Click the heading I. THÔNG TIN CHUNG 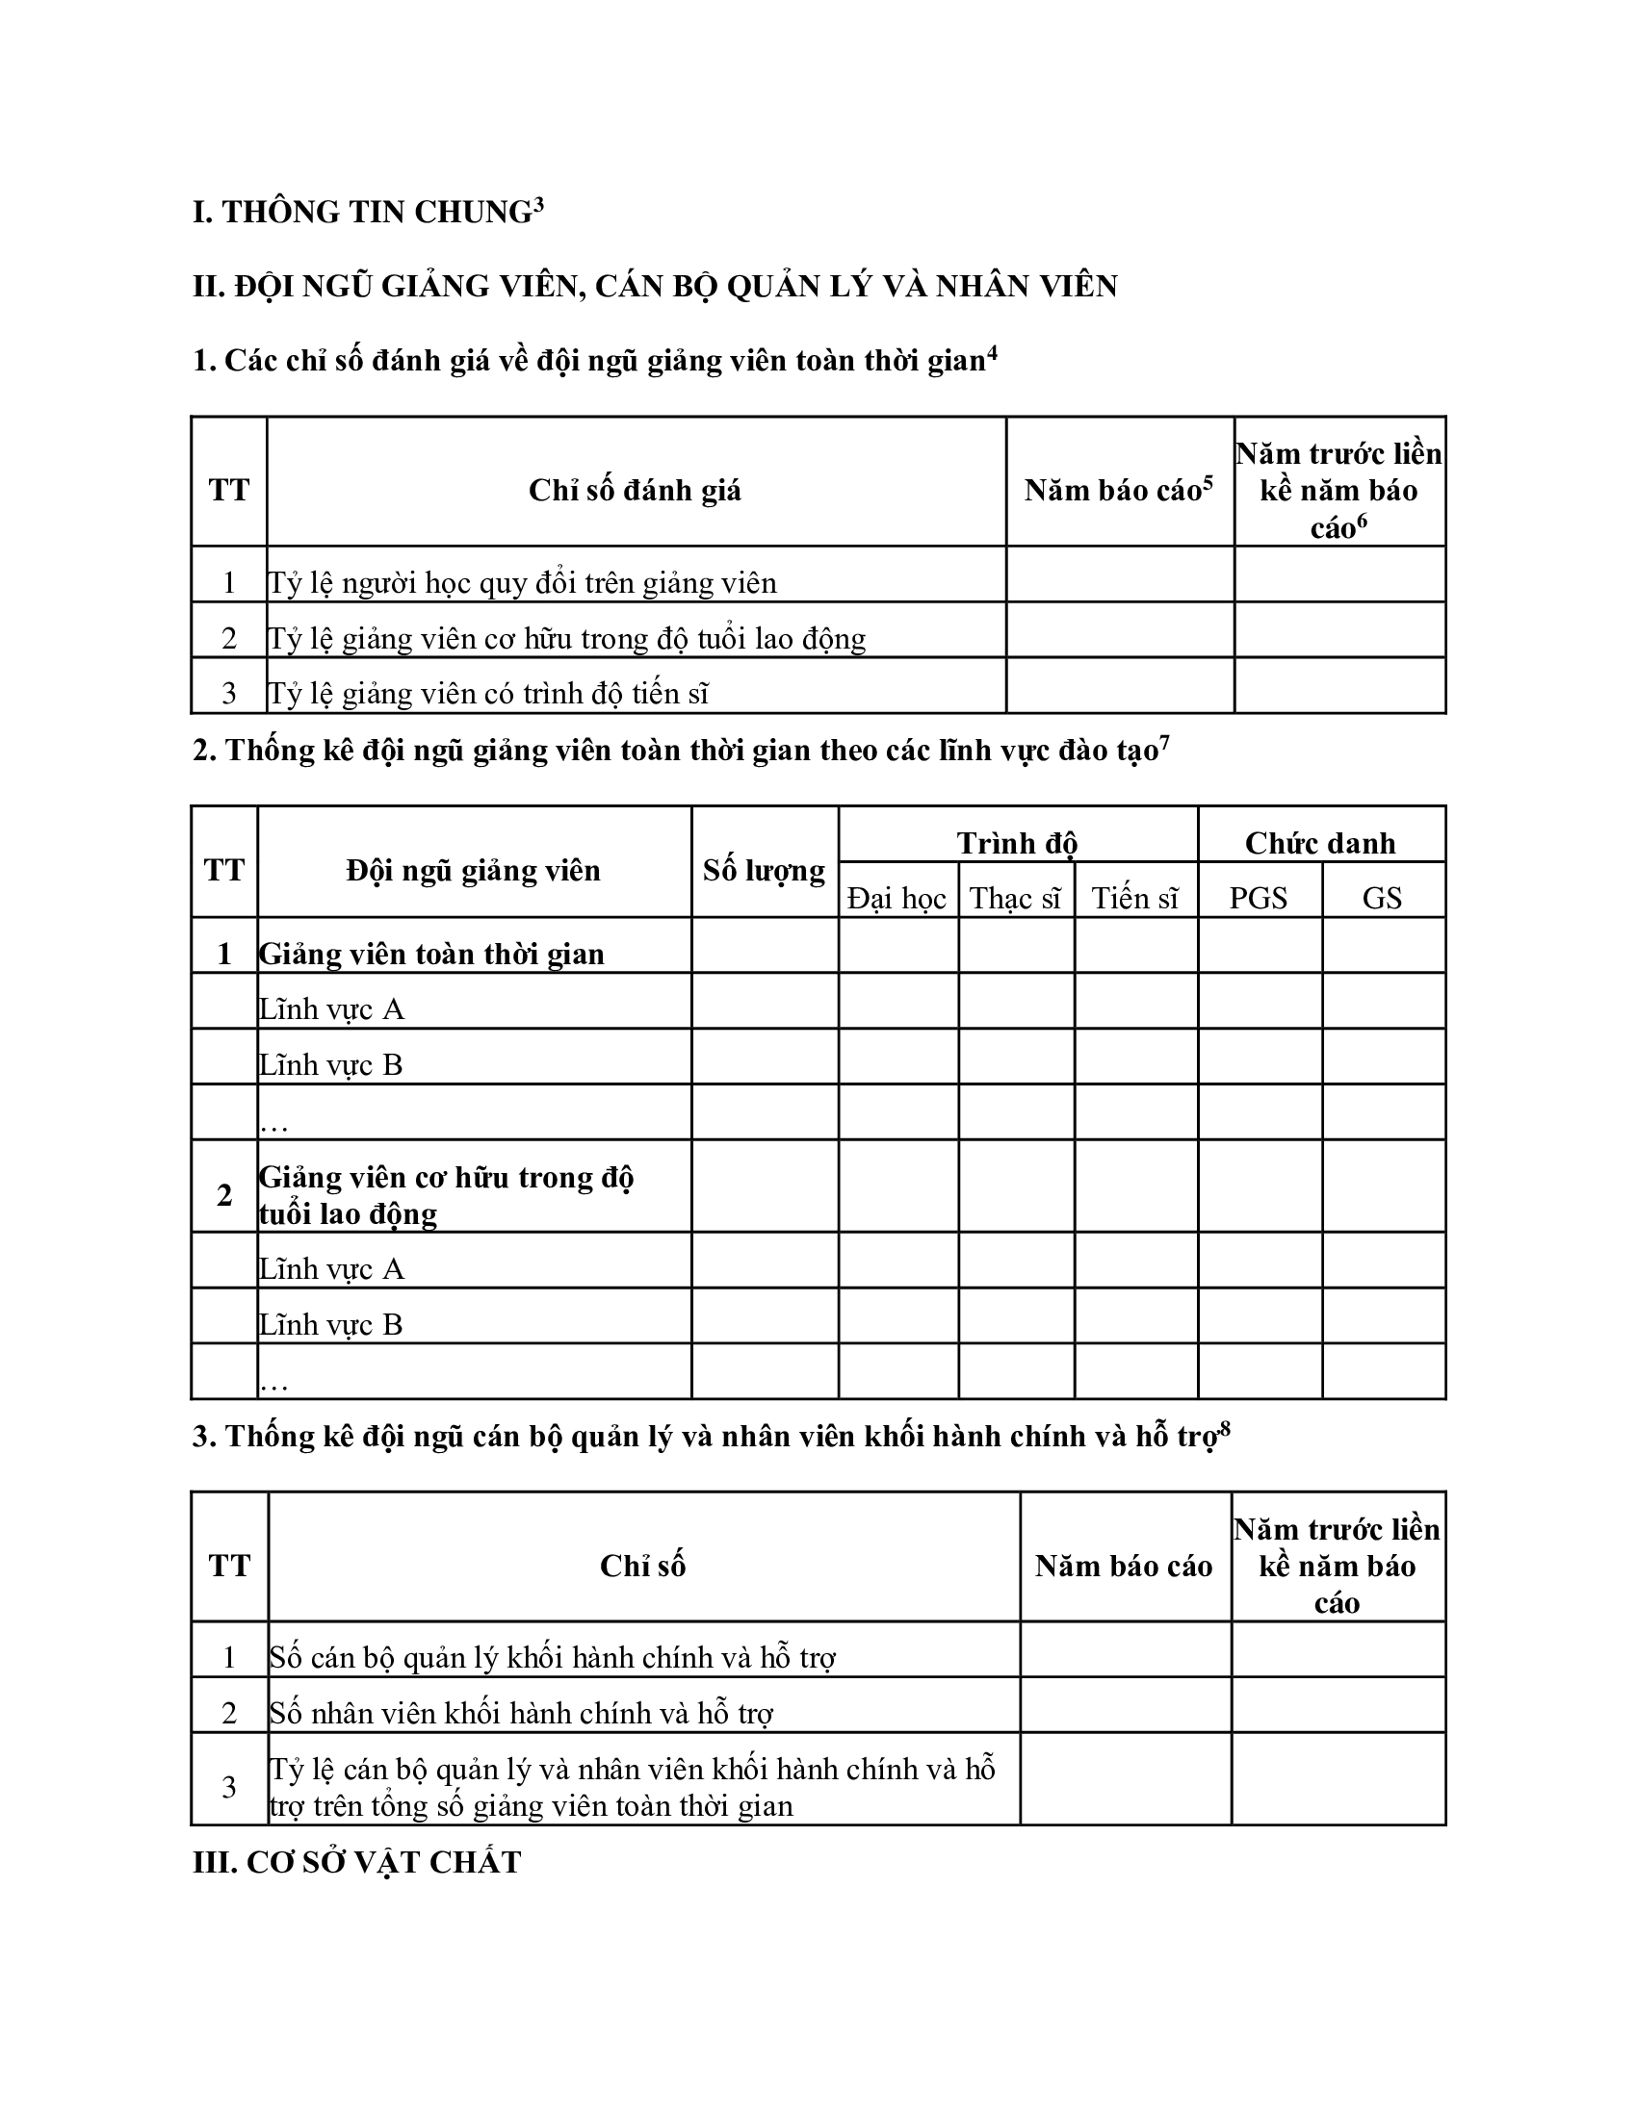pos(367,213)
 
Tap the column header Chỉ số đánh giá pos(635,491)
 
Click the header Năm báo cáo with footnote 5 pos(1118,490)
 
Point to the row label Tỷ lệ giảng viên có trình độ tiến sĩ pos(488,694)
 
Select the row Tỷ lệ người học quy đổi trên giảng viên pos(522,583)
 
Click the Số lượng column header pos(765,871)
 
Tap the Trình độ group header pos(1017,843)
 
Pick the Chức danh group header pos(1320,843)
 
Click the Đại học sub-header pos(896,899)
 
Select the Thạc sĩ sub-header pos(1015,899)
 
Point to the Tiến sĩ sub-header pos(1134,899)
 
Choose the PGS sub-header pos(1258,899)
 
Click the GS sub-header pos(1382,899)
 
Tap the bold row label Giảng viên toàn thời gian pos(431,955)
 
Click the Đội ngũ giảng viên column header pos(473,871)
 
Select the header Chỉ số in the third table pos(642,1567)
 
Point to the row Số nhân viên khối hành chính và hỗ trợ pos(521,1714)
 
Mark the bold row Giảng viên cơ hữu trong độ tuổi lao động pos(445,1195)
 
